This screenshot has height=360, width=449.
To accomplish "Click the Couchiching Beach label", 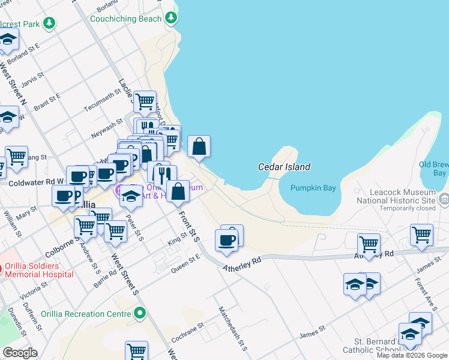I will [126, 19].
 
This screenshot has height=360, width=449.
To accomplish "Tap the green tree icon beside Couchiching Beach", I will [172, 18].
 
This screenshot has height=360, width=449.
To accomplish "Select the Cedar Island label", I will [284, 167].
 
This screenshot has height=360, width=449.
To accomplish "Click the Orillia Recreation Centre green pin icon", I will [140, 313].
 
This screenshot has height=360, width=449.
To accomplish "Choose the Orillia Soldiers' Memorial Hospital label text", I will [39, 270].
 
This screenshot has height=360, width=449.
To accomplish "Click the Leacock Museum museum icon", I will [444, 199].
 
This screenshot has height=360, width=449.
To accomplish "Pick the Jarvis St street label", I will [31, 79].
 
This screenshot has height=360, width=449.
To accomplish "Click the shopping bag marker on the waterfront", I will [199, 146].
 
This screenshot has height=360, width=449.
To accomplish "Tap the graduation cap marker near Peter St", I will [130, 197].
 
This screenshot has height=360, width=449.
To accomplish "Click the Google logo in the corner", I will [20, 353].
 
